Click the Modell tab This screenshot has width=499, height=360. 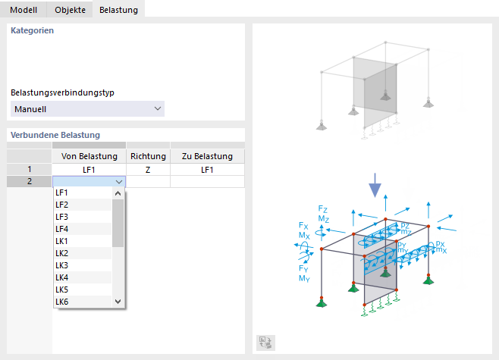(x=24, y=10)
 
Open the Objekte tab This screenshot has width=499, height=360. (x=70, y=10)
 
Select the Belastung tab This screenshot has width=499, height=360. (x=118, y=10)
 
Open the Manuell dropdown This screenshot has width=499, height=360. (x=87, y=109)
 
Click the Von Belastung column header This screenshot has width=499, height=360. (x=89, y=156)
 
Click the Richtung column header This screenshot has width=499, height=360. (x=149, y=156)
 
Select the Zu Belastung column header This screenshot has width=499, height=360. (x=207, y=156)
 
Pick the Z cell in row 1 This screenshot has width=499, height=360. (x=149, y=170)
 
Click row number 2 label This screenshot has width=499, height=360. (x=30, y=181)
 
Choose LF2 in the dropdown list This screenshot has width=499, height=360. (x=61, y=205)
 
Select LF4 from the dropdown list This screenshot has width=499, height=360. (x=61, y=229)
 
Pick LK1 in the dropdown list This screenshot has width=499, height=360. (x=61, y=241)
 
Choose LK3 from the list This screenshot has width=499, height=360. (x=61, y=265)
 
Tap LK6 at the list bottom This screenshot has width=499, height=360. (x=61, y=302)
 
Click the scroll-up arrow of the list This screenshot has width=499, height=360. (x=118, y=193)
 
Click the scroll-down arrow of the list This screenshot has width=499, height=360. (x=118, y=302)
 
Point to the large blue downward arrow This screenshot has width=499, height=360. (x=375, y=186)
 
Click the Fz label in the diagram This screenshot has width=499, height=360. (x=322, y=209)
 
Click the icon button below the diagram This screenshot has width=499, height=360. (x=265, y=343)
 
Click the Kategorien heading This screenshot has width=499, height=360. (x=32, y=30)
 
